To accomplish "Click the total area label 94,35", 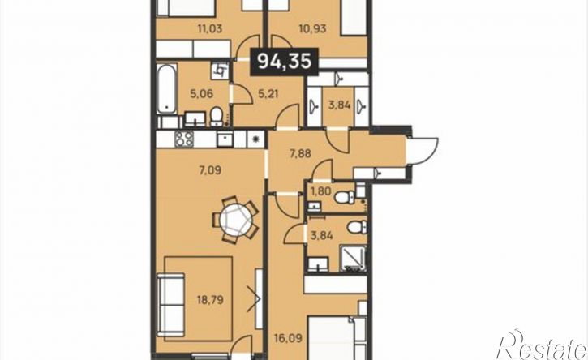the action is [x=285, y=61].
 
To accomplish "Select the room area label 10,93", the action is [x=313, y=28].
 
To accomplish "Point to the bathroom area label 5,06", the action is [x=202, y=93].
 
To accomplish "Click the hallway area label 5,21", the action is [x=268, y=93].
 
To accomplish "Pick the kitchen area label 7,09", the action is [x=210, y=171].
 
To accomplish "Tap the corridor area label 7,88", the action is [x=300, y=153].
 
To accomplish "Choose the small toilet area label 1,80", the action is [x=321, y=191].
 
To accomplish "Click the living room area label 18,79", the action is [x=210, y=300].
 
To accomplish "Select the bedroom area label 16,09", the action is [x=288, y=340].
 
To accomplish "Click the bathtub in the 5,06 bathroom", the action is [x=166, y=89].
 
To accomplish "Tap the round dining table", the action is [x=235, y=220].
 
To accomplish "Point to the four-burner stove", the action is [x=184, y=139].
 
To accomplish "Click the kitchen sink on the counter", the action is [x=225, y=139].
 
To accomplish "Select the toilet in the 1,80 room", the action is [x=345, y=196].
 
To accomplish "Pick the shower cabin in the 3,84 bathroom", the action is [x=353, y=258].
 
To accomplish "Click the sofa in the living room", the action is [x=171, y=305].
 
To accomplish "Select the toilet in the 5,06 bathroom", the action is [x=216, y=116].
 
